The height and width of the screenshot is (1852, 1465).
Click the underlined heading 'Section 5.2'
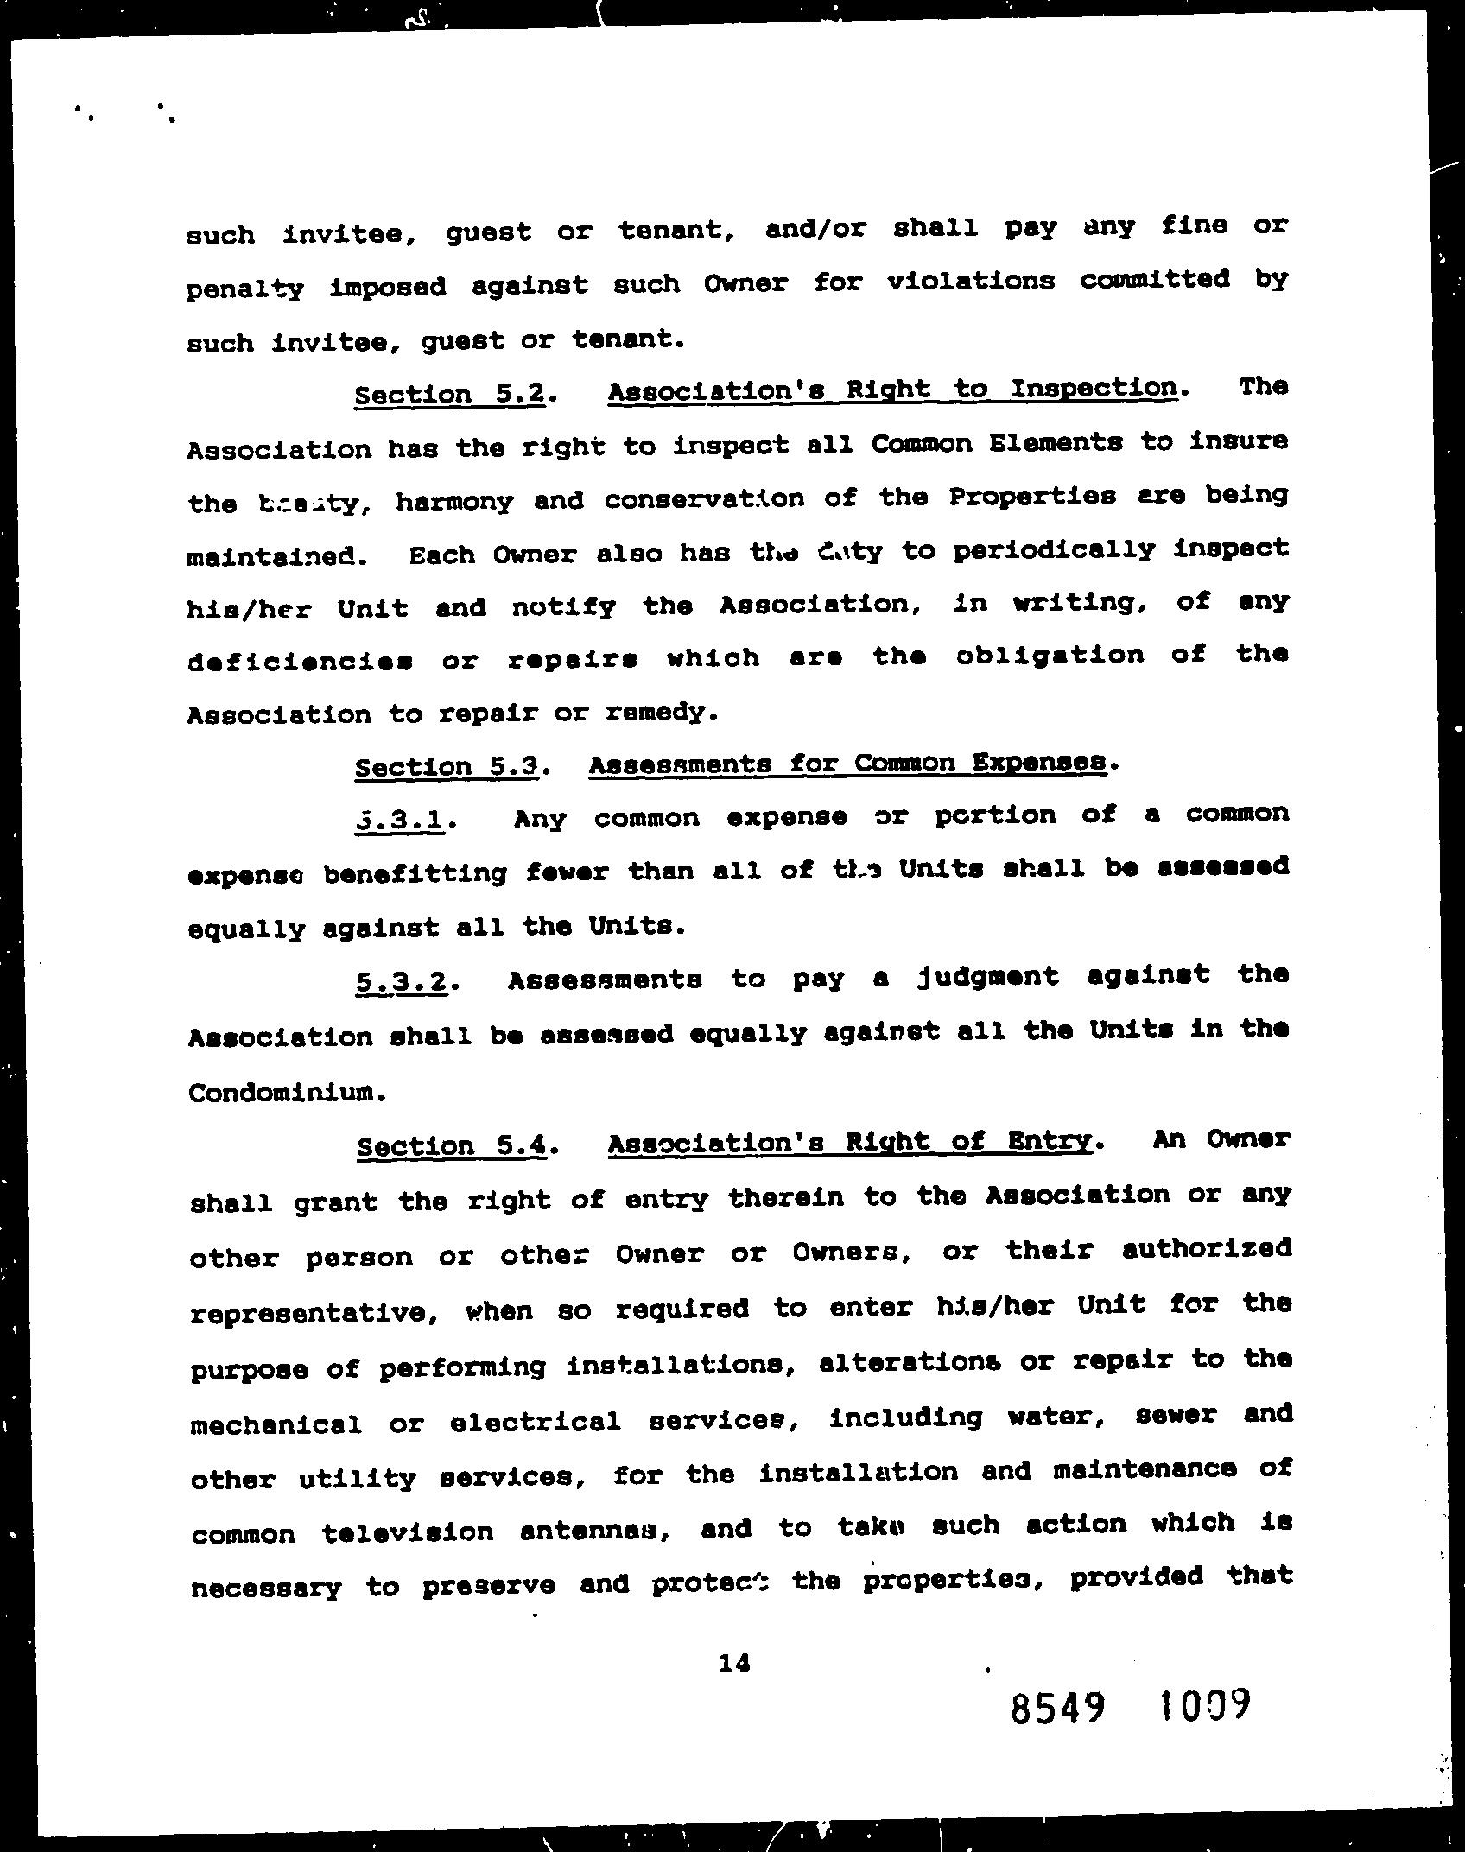pyautogui.click(x=450, y=394)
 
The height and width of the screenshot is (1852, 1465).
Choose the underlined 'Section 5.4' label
pyautogui.click(x=452, y=1145)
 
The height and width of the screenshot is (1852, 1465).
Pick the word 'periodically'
pyautogui.click(x=1053, y=550)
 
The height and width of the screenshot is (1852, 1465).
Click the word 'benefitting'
pyautogui.click(x=415, y=872)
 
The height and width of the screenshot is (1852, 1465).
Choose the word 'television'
pyautogui.click(x=407, y=1532)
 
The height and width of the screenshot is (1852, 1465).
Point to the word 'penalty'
pyautogui.click(x=245, y=289)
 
